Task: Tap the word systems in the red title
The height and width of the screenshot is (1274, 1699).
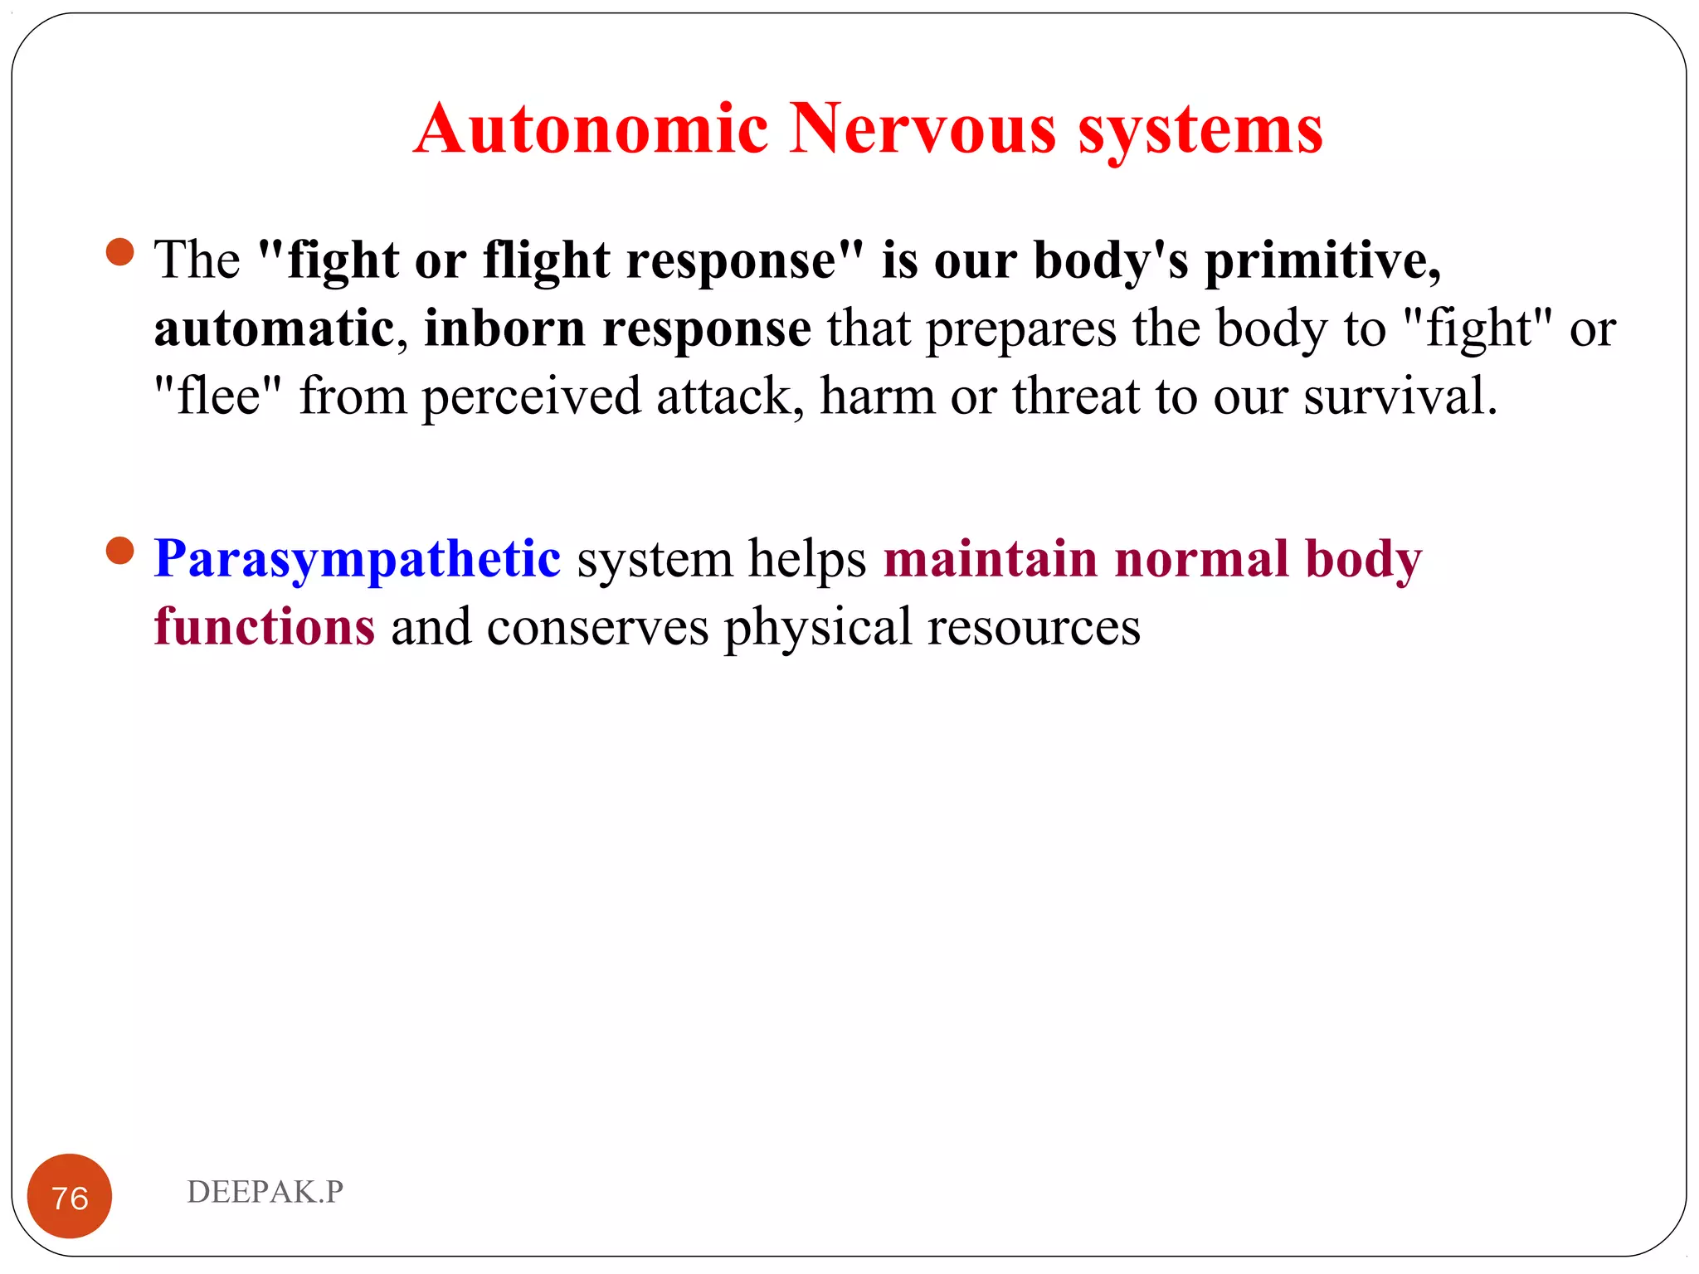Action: [x=1200, y=131]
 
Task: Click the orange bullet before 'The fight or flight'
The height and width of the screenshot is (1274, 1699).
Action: [x=120, y=252]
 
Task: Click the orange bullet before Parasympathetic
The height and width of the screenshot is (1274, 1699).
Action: [x=120, y=551]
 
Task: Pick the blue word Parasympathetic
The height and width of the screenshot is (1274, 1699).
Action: [x=358, y=560]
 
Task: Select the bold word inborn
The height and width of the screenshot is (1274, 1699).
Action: [x=504, y=329]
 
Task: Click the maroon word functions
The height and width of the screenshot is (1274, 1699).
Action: [x=265, y=627]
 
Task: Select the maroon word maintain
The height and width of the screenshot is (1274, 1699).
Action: [x=991, y=559]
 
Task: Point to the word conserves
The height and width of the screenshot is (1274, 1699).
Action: [x=597, y=628]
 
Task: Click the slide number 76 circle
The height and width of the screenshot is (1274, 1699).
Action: [x=70, y=1196]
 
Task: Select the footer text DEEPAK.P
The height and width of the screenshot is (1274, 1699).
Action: [x=265, y=1192]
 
